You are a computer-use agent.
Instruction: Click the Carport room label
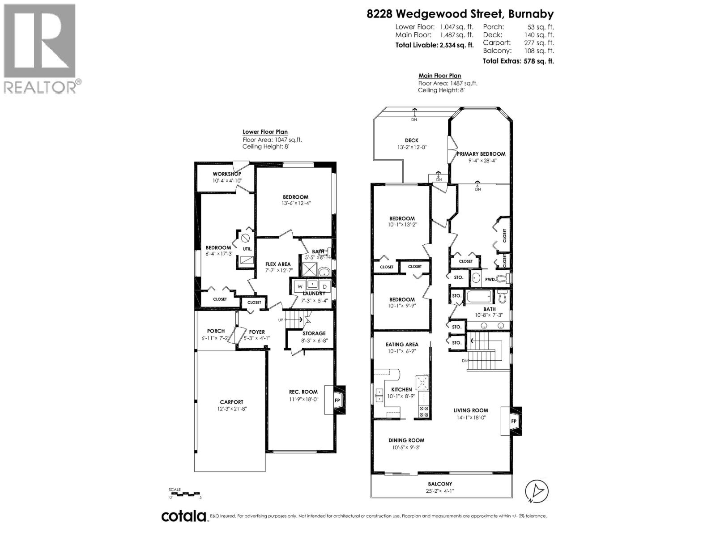[231, 402]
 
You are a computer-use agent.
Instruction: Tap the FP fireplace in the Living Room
[514, 421]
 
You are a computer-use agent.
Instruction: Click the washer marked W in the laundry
[300, 286]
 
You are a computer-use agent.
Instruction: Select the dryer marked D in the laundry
[325, 286]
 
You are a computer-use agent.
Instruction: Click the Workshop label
[227, 174]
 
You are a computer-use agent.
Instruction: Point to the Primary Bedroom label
[481, 154]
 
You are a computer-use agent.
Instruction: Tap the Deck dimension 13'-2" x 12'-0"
[411, 147]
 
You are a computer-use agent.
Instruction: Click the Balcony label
[440, 484]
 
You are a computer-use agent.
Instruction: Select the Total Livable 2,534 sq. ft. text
[434, 45]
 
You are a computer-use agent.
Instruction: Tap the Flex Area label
[278, 264]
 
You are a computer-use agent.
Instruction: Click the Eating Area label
[402, 345]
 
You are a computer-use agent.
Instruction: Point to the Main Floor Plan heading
[439, 76]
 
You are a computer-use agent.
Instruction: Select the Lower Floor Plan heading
[265, 132]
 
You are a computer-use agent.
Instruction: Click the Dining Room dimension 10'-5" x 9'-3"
[406, 447]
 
